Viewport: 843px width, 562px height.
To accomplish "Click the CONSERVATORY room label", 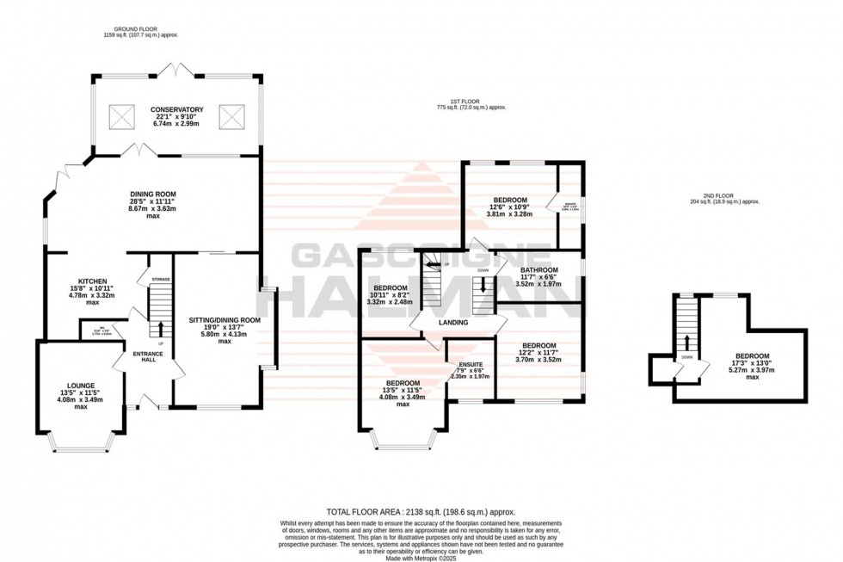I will coord(176,110).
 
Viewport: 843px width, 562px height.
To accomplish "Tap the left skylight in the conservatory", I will coord(123,114).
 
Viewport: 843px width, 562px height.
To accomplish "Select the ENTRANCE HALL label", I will coord(143,356).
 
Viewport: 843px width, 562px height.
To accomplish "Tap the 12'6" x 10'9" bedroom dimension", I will coord(509,207).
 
